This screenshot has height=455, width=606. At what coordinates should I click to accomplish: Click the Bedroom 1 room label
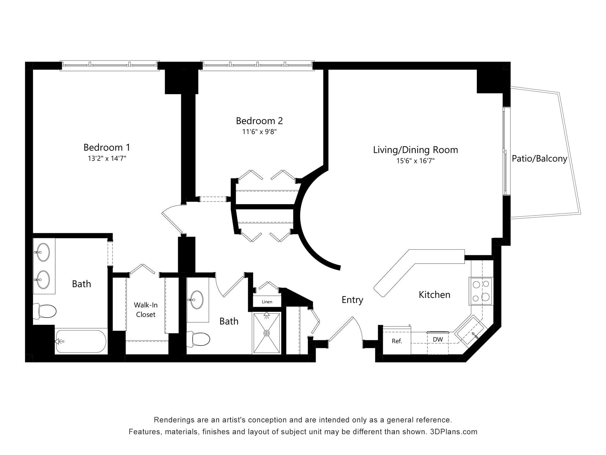pos(107,147)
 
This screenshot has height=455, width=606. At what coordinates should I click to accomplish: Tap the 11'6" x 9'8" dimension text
pos(259,132)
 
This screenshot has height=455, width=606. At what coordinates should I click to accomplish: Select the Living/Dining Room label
pos(415,150)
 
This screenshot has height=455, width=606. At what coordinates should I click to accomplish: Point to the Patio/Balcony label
pos(539,159)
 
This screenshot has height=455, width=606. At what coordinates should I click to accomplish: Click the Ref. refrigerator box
pos(397,341)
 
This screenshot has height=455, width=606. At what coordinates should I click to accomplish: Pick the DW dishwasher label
pos(438,340)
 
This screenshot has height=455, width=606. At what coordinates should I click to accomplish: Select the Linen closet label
pos(267,302)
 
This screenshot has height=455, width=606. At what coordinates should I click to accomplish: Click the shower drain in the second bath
pos(267,333)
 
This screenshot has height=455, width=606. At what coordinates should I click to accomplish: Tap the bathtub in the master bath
pos(81,341)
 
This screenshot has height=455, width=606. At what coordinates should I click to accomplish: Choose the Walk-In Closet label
pos(146,310)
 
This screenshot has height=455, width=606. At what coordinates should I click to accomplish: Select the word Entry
pos(352,300)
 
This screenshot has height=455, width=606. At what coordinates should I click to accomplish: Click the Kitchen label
pos(434,294)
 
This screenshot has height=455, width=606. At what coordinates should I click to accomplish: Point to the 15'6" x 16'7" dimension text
pos(415,161)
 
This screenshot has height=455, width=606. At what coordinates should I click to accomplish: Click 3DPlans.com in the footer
pos(454,432)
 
